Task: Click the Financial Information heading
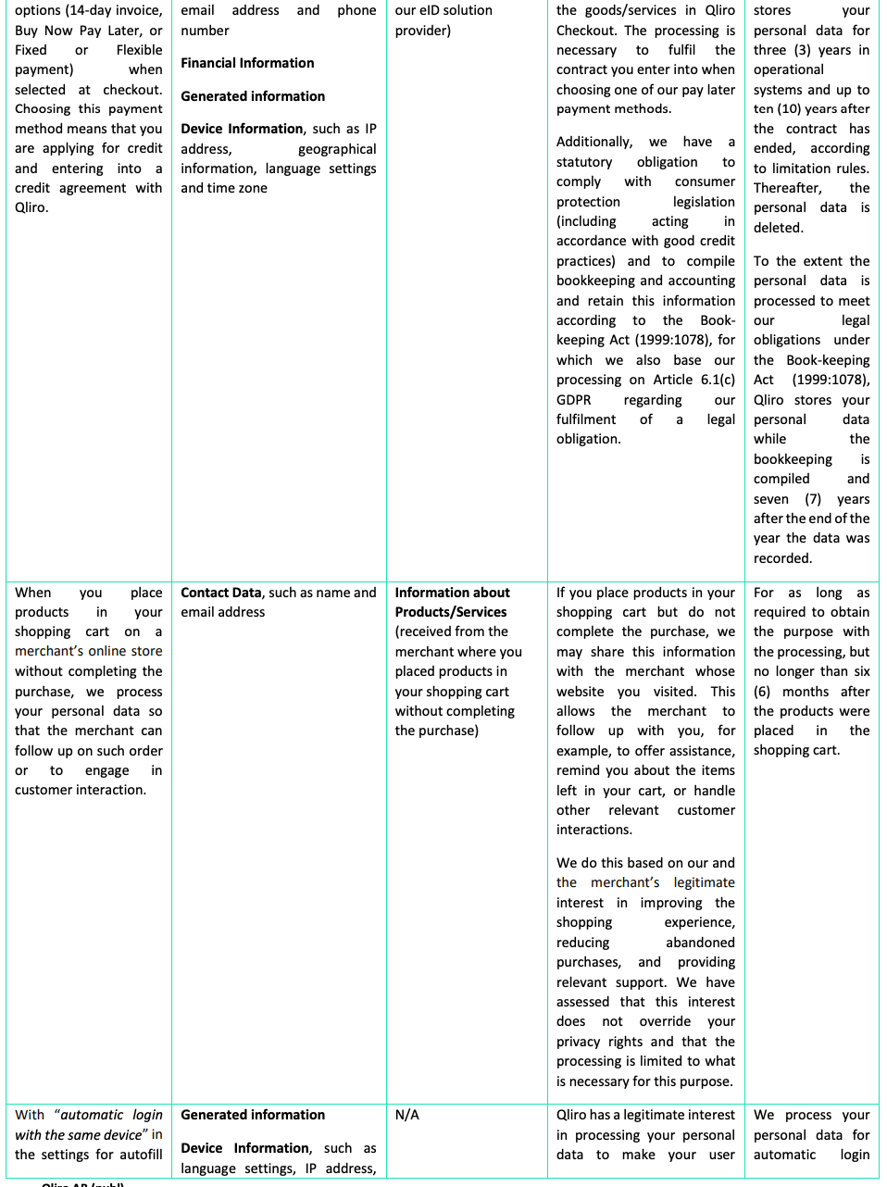(247, 63)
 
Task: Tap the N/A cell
(406, 1115)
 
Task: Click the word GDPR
(573, 400)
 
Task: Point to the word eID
(444, 10)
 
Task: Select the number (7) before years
(812, 499)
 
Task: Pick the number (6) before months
(761, 692)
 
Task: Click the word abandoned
(700, 943)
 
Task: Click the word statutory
(584, 162)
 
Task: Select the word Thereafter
(787, 188)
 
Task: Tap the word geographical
(337, 149)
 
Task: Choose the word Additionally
(593, 142)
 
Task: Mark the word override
(665, 1021)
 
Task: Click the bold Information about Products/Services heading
(452, 602)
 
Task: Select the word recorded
(781, 558)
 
